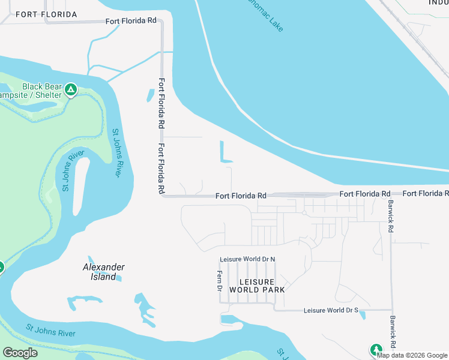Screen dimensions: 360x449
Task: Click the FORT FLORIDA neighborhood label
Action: pyautogui.click(x=46, y=14)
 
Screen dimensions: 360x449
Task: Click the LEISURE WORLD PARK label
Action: pyautogui.click(x=256, y=286)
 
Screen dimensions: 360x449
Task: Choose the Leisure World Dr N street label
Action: pyautogui.click(x=247, y=259)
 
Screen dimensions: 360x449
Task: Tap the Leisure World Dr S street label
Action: pyautogui.click(x=331, y=310)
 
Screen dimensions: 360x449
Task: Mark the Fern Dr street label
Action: pyautogui.click(x=219, y=281)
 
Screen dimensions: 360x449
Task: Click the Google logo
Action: pyautogui.click(x=20, y=353)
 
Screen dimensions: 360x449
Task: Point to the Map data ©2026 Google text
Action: pyautogui.click(x=412, y=355)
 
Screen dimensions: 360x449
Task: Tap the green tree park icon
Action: pyautogui.click(x=376, y=349)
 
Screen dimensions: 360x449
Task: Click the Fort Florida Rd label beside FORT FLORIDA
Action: pyautogui.click(x=131, y=20)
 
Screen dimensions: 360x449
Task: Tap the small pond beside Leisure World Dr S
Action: pyautogui.click(x=362, y=314)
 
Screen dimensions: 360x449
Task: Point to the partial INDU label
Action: pyautogui.click(x=438, y=3)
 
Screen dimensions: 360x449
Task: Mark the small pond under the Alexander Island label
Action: pyautogui.click(x=117, y=278)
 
